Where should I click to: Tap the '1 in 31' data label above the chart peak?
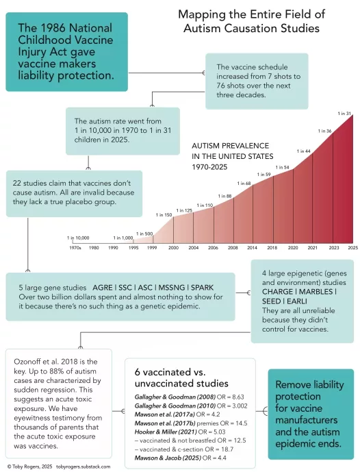tap(344, 114)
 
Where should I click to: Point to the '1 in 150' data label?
tap(164, 215)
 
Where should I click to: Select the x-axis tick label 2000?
tap(173, 248)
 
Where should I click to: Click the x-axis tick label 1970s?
tap(75, 248)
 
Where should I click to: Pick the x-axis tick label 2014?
tap(252, 248)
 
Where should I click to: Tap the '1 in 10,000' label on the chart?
tap(78, 238)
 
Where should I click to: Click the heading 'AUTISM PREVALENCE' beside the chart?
tap(231, 146)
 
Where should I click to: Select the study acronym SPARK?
tap(202, 288)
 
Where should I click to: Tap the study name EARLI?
tap(297, 301)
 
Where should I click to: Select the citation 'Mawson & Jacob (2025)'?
tap(168, 458)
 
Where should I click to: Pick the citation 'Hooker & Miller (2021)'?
tap(166, 432)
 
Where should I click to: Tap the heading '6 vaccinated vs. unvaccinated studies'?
tap(181, 377)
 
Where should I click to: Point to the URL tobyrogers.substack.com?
tap(83, 467)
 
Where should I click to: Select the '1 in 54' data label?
tap(282, 167)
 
